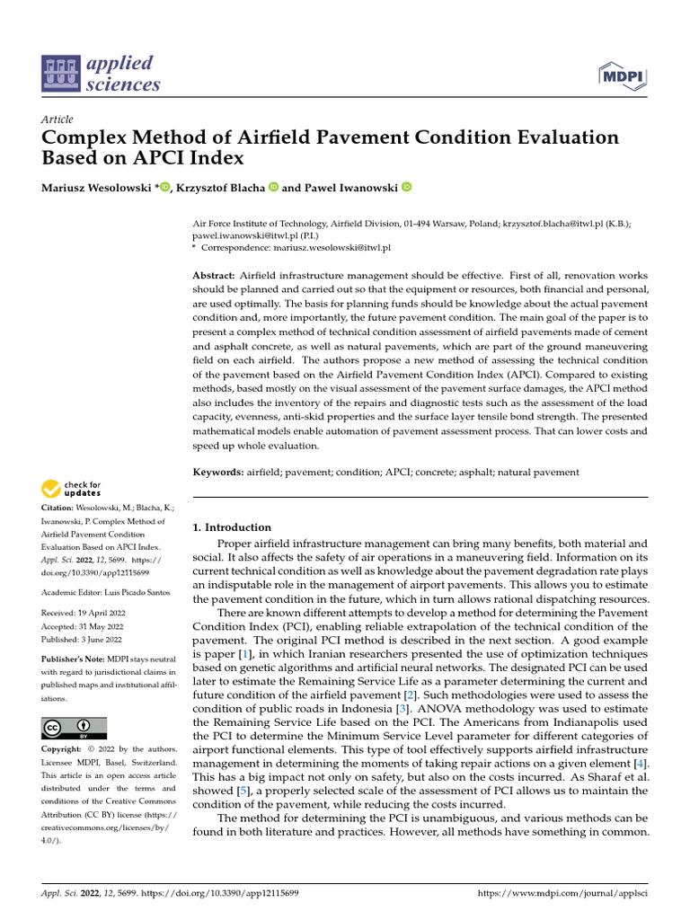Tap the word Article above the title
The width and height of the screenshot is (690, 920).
click(x=57, y=119)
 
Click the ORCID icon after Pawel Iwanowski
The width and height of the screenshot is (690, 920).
click(x=406, y=187)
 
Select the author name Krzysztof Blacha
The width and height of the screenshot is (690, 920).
click(x=220, y=188)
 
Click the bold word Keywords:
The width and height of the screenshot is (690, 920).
click(x=218, y=472)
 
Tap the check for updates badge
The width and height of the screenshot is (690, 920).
click(x=72, y=489)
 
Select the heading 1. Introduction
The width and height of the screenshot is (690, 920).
click(x=232, y=527)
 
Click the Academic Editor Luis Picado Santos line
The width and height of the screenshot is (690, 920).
click(x=102, y=592)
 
